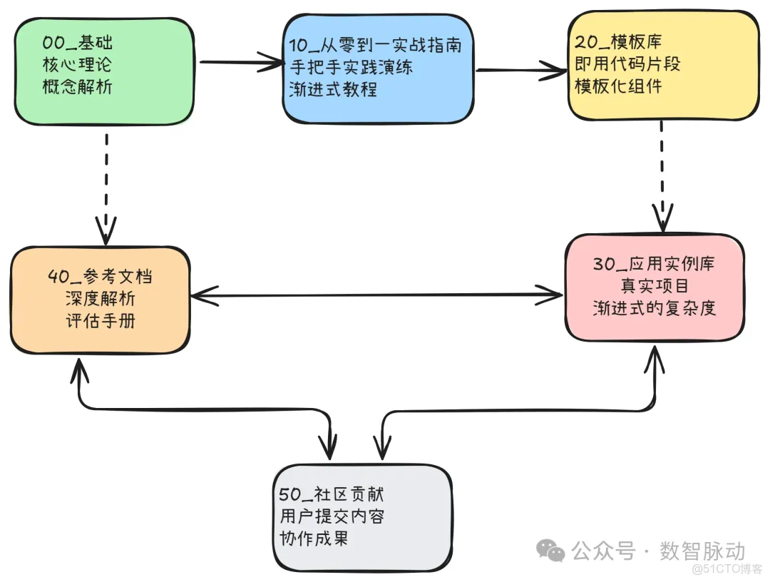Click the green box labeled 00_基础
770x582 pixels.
(x=104, y=71)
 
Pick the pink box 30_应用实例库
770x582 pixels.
(x=654, y=287)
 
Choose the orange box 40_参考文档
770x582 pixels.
(x=101, y=300)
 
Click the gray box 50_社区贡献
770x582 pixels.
(x=362, y=516)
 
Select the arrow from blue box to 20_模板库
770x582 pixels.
(x=520, y=70)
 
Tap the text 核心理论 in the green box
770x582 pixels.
(x=77, y=65)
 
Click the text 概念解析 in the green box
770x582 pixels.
(x=77, y=87)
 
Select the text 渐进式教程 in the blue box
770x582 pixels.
(x=333, y=90)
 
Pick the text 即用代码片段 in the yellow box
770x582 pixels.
(x=627, y=64)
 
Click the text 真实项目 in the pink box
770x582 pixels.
(x=654, y=286)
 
